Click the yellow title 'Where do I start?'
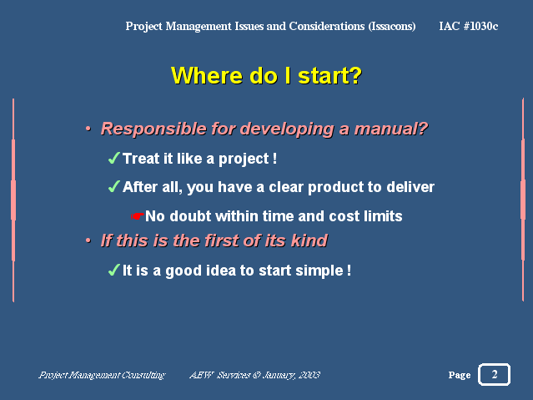pos(266,75)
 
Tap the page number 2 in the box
pos(495,374)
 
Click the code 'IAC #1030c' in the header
pos(469,26)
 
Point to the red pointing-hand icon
pos(138,215)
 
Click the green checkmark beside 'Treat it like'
pos(114,158)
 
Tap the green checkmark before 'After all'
pos(114,186)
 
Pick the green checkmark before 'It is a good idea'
pos(114,270)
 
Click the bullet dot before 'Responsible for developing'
pos(88,129)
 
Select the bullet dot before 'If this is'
pos(88,241)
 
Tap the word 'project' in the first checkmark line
pos(244,159)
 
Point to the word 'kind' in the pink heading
pos(309,241)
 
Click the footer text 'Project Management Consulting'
pos(102,375)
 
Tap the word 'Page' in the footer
pos(460,375)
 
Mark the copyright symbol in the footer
pos(257,375)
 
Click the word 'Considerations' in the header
pos(327,26)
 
